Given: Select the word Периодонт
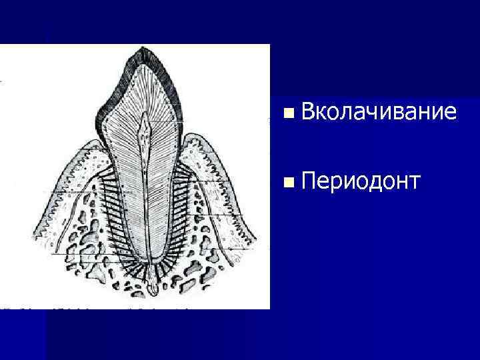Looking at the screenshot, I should click(360, 181).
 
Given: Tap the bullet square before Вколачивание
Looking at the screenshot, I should click(287, 114).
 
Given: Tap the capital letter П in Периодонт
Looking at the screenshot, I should click(309, 181).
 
